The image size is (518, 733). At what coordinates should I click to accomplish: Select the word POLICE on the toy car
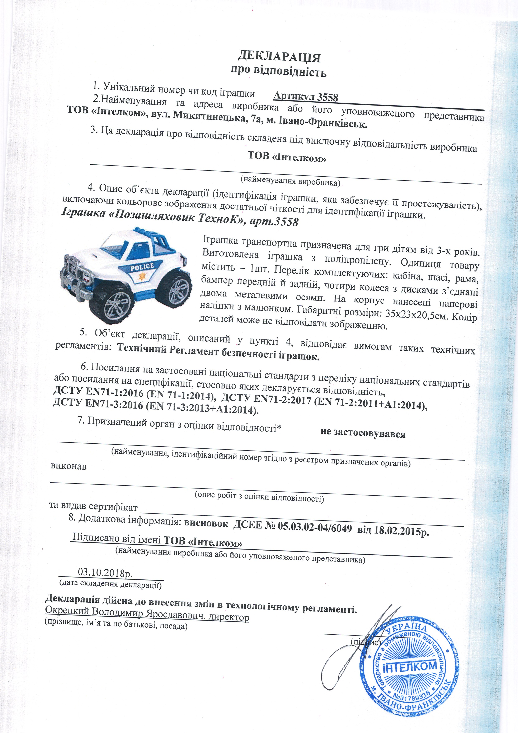(142, 267)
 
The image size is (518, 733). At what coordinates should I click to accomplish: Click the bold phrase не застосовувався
(363, 433)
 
